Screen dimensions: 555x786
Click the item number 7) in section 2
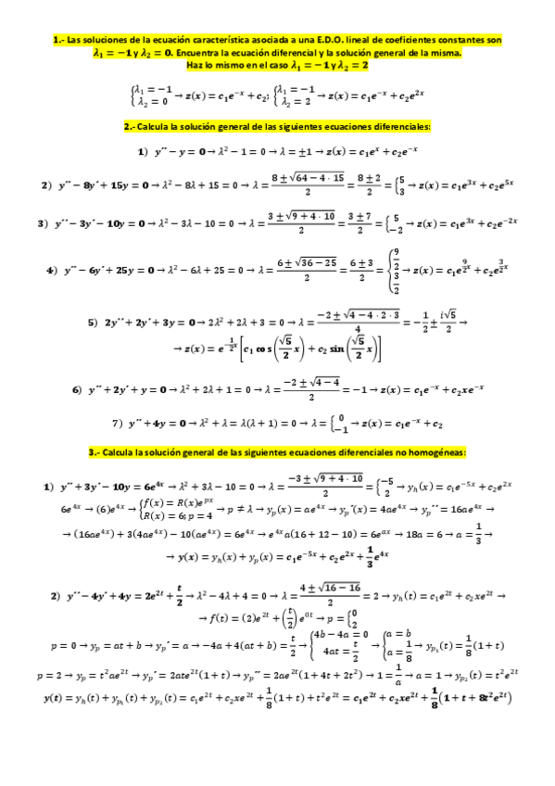pyautogui.click(x=118, y=423)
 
